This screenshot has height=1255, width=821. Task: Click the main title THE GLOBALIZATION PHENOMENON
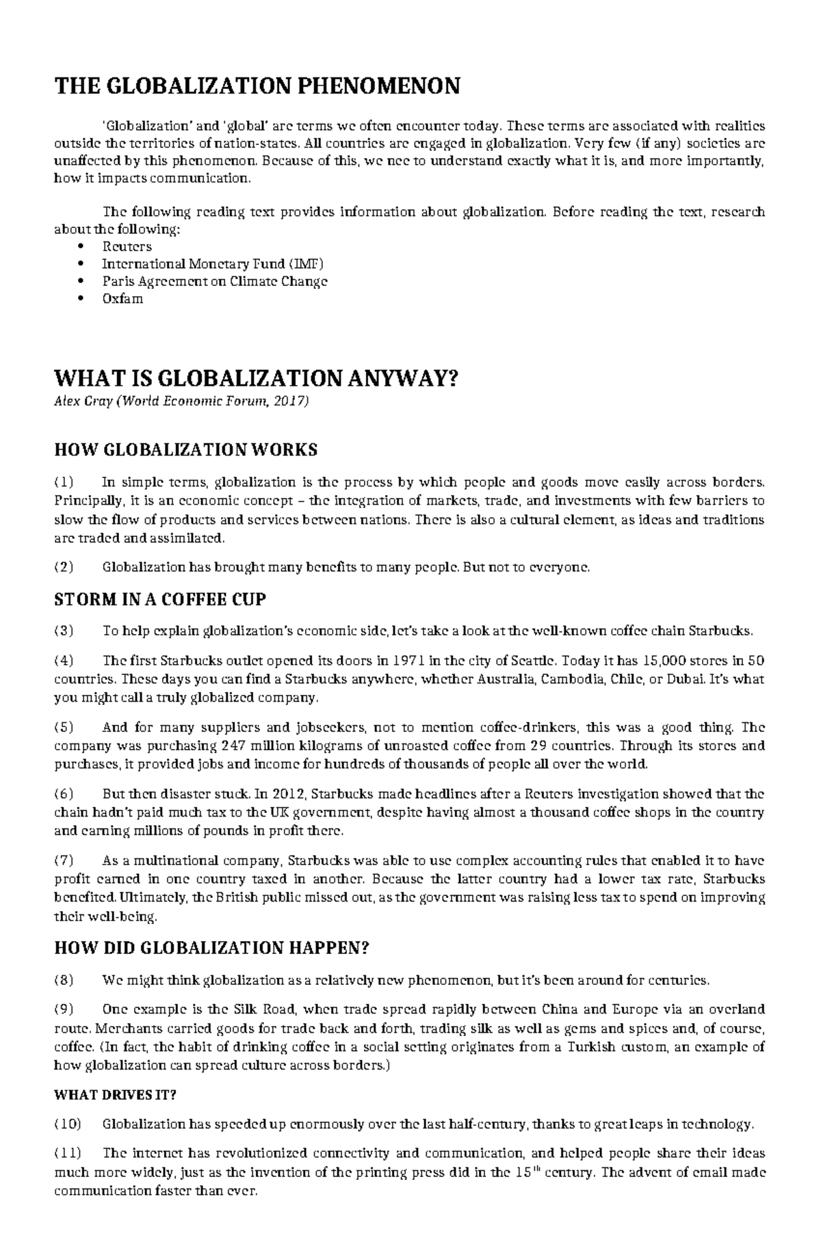tap(257, 87)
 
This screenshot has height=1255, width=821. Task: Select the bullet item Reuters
tap(127, 246)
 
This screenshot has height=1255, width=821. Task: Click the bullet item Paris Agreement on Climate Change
tap(215, 281)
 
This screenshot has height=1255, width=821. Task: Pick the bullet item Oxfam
tap(122, 299)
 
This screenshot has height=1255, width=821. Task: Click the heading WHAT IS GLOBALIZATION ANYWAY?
tap(255, 378)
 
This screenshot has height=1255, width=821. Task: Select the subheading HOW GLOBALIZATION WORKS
tap(185, 450)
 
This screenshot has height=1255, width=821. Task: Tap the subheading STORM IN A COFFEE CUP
tap(159, 600)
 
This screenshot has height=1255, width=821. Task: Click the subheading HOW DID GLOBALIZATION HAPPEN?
tap(211, 948)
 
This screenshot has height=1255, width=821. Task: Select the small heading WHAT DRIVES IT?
tap(115, 1094)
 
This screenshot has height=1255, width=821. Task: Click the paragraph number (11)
tap(66, 1153)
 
